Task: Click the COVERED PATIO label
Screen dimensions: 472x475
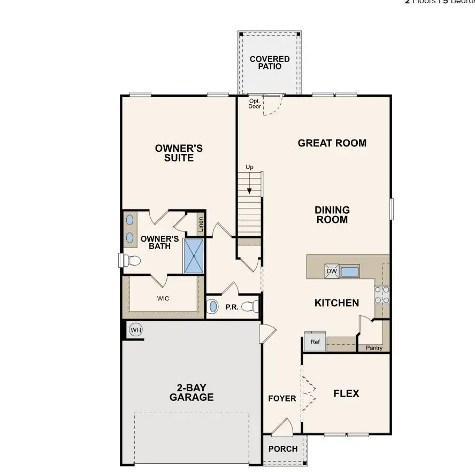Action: point(270,63)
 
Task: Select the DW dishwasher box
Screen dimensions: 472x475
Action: point(332,272)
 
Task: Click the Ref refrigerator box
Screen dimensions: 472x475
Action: point(315,342)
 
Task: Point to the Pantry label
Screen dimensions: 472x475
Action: point(374,348)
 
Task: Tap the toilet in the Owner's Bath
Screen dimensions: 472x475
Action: point(131,261)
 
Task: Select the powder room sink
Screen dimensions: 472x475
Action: point(213,307)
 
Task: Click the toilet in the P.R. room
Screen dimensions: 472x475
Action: point(250,307)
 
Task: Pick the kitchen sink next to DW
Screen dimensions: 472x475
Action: point(350,272)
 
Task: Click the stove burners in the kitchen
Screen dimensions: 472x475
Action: point(382,295)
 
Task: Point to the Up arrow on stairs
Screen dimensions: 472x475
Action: point(249,185)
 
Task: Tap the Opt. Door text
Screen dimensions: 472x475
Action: point(255,103)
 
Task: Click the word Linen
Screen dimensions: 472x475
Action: point(201,225)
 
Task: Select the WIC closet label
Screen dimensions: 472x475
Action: point(163,298)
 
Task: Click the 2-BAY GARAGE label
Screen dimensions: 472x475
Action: point(191,393)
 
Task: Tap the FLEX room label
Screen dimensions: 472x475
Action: point(346,393)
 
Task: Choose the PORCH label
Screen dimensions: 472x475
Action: point(283,448)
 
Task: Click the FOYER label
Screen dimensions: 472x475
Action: point(282,398)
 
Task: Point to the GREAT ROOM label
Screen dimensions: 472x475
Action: point(332,143)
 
